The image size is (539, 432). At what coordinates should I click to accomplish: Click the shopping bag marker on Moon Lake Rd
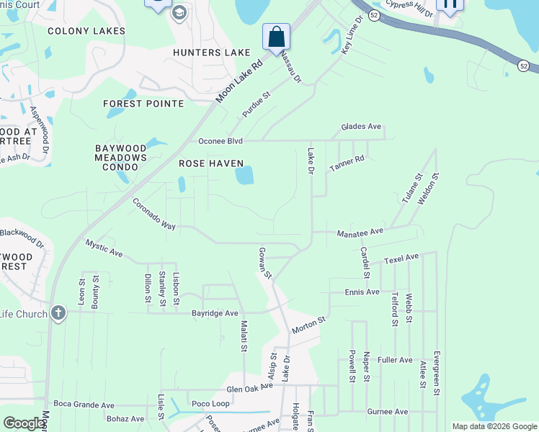click(x=276, y=36)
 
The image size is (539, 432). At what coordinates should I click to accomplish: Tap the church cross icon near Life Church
click(x=58, y=313)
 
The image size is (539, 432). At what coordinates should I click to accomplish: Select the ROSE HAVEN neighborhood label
click(x=211, y=163)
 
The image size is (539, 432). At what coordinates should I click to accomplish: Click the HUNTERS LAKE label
click(x=212, y=53)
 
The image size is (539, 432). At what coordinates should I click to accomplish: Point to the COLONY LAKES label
click(x=86, y=31)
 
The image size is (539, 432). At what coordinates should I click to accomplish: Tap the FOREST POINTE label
click(x=143, y=104)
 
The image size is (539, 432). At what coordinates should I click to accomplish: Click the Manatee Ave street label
click(x=360, y=232)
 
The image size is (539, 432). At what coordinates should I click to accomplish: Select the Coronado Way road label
click(x=153, y=215)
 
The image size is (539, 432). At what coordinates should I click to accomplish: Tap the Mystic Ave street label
click(x=104, y=249)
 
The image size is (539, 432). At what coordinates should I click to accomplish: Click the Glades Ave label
click(x=361, y=127)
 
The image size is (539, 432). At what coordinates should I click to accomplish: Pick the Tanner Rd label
click(x=347, y=163)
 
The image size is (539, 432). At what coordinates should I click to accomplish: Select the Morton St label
click(x=308, y=325)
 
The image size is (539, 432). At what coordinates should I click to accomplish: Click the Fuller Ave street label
click(x=394, y=359)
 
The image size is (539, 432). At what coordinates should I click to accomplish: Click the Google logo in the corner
click(x=24, y=423)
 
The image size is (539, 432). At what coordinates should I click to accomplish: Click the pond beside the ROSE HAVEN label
click(x=244, y=175)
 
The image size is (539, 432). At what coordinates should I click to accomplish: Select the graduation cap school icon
click(x=179, y=12)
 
